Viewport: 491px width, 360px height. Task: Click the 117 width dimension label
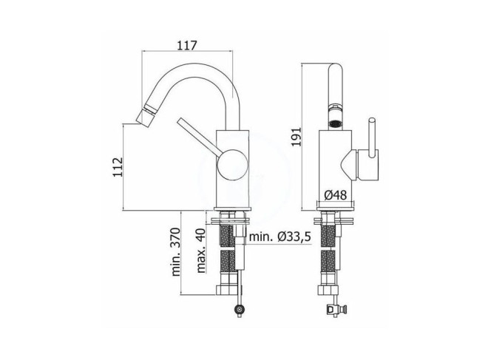tap(187, 45)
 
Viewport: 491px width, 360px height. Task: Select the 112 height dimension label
tap(118, 167)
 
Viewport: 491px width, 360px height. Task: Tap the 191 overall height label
tap(296, 137)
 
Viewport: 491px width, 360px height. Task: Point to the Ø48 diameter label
tap(336, 195)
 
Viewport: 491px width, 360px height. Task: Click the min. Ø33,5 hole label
tap(280, 237)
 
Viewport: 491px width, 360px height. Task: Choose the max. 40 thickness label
tap(200, 251)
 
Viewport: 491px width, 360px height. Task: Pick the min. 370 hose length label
tap(176, 251)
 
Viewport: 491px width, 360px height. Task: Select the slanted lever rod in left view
tap(198, 135)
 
